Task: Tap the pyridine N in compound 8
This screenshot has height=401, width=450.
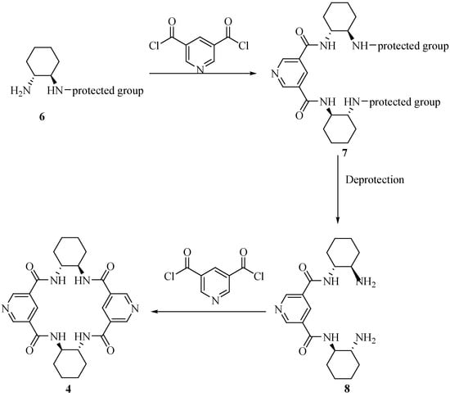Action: (x=277, y=310)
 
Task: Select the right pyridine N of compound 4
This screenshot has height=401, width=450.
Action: (x=136, y=310)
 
